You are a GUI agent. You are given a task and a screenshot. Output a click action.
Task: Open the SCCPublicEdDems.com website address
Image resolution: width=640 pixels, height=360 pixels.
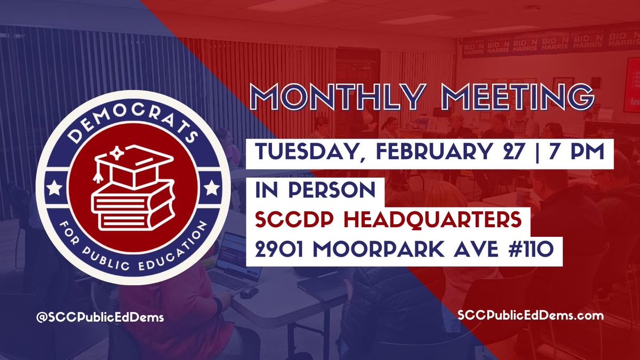tap(530, 316)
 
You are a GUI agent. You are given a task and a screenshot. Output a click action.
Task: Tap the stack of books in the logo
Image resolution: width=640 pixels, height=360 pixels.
tap(133, 205)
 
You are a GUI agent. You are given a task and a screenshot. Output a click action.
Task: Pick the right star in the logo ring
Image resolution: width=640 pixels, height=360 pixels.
tap(212, 188)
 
